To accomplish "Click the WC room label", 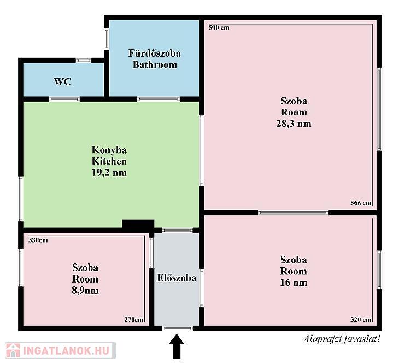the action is click(62, 81).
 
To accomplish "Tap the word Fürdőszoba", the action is click(155, 53).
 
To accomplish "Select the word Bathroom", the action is click(155, 64).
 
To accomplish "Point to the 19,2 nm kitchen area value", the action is click(109, 173).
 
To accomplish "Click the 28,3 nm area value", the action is click(294, 124).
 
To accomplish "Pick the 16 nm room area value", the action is click(294, 283).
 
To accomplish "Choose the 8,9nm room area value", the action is click(85, 290).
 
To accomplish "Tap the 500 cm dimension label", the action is click(219, 27).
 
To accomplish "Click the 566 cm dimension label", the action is click(361, 203).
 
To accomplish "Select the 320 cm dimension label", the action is click(361, 320).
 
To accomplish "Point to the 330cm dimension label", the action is click(38, 240).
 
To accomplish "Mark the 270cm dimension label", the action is click(134, 320).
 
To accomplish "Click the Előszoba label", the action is click(177, 278).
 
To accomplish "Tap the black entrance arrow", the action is click(177, 347).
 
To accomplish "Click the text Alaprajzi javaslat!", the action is click(342, 339).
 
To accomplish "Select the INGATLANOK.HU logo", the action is click(61, 350).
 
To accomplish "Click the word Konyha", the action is click(109, 150).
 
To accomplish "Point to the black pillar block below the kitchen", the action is click(138, 225).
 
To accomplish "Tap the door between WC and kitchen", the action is click(64, 99).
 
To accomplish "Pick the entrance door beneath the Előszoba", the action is click(177, 328).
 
